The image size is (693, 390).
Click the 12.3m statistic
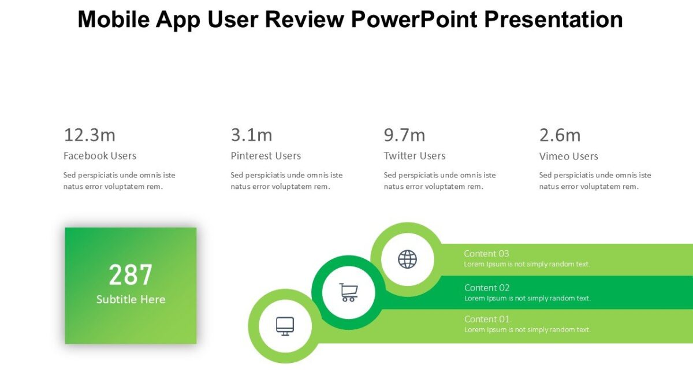(90, 135)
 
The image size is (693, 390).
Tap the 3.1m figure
(251, 135)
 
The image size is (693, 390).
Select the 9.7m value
(404, 135)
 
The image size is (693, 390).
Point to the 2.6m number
(560, 135)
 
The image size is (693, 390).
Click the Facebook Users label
(100, 156)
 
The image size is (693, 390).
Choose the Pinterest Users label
(266, 156)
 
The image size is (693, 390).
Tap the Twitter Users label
(415, 156)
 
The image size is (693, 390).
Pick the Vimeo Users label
(568, 157)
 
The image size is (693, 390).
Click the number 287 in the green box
(131, 275)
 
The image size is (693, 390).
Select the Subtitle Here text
(131, 299)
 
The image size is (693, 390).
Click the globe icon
(407, 259)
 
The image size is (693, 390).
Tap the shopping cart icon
(348, 292)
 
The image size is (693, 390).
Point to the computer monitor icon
(285, 326)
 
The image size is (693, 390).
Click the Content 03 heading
(486, 254)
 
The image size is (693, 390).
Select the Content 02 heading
(487, 288)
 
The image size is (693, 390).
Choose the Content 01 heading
(487, 319)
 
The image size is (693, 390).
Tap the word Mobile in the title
(113, 20)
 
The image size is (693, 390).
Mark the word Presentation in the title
(553, 20)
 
